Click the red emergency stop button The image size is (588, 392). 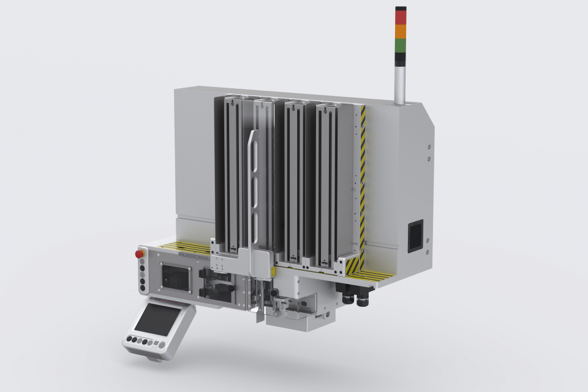[140, 252]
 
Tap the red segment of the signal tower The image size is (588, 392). [401, 18]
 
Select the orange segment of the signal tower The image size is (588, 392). [401, 31]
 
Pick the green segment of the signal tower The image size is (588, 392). [401, 45]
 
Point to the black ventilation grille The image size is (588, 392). [415, 235]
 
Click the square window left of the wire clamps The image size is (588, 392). [173, 277]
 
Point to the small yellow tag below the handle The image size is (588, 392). [273, 270]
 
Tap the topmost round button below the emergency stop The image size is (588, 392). [143, 260]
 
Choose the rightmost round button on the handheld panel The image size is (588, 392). [162, 345]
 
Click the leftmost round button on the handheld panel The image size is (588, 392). [130, 339]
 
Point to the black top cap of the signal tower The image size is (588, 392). [401, 8]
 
